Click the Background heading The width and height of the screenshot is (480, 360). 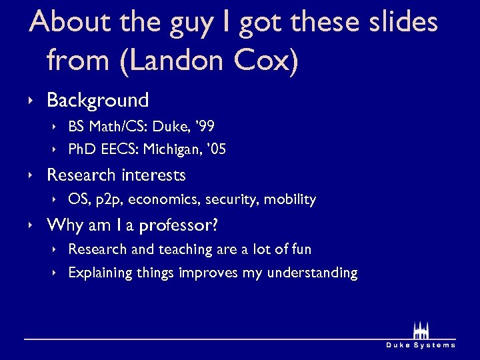pos(97,101)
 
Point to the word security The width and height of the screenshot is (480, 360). pos(232,199)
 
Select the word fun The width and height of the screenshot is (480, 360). pos(301,249)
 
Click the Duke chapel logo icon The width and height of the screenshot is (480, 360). pos(421,331)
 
